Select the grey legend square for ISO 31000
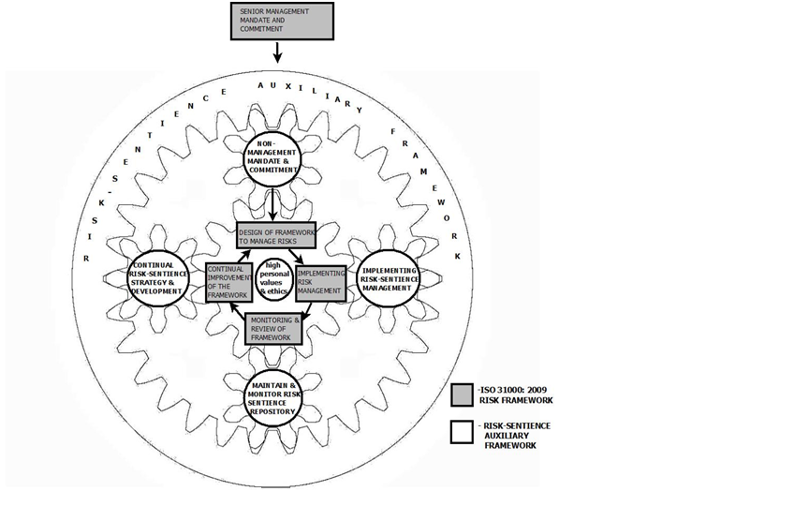pos(461,394)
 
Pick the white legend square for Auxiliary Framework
pos(461,433)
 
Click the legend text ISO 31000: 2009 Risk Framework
pos(514,394)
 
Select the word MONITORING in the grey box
pos(272,320)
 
